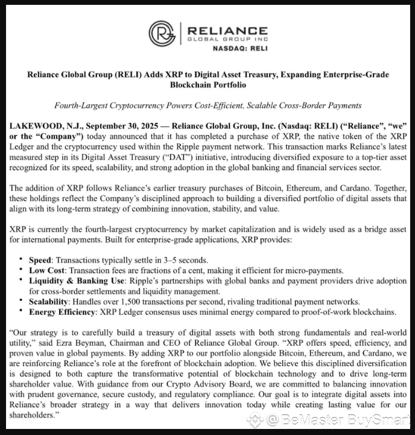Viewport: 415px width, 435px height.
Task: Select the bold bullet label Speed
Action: [41, 260]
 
